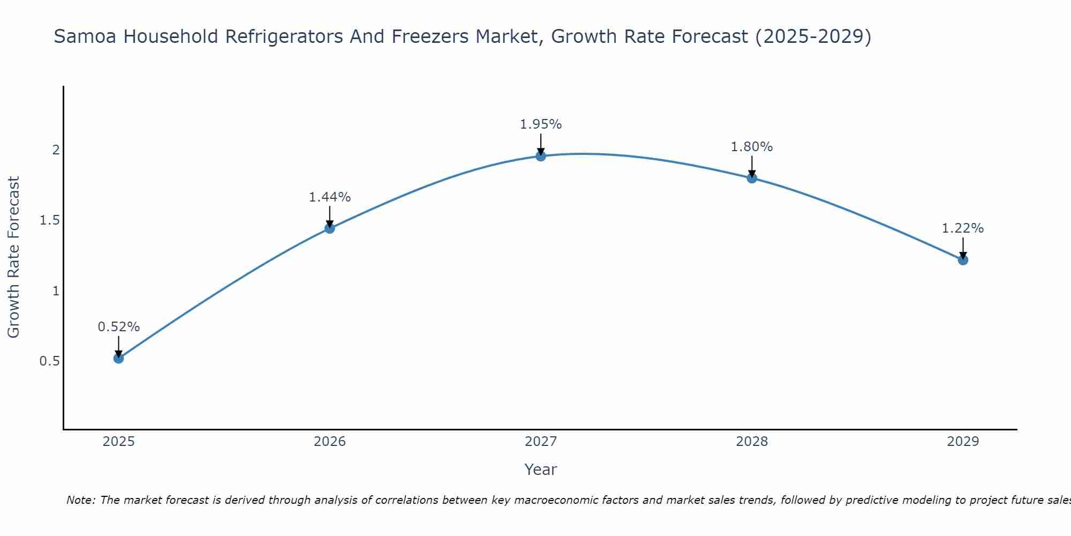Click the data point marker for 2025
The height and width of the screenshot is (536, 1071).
pyautogui.click(x=119, y=358)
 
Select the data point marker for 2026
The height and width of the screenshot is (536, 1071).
pyautogui.click(x=330, y=228)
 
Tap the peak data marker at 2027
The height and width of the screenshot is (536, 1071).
pyautogui.click(x=541, y=156)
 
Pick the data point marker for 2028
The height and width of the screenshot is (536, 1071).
pyautogui.click(x=752, y=178)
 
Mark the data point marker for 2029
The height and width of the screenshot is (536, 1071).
pyautogui.click(x=963, y=260)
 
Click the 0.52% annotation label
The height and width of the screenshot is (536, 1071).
pyautogui.click(x=119, y=327)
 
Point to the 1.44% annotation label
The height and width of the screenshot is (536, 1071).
pyautogui.click(x=330, y=197)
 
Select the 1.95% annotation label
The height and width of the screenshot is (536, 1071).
pyautogui.click(x=541, y=124)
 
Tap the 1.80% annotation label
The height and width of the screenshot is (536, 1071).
pyautogui.click(x=752, y=147)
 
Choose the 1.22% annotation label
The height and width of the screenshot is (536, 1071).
pyautogui.click(x=963, y=228)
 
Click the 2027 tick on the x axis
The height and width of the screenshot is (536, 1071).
pyautogui.click(x=541, y=442)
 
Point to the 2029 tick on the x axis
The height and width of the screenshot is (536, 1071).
pyautogui.click(x=963, y=442)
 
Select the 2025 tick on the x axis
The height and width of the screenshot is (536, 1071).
pyautogui.click(x=119, y=442)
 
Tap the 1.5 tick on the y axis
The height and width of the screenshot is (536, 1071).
pyautogui.click(x=50, y=220)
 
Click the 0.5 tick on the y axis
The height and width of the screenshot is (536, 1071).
pyautogui.click(x=50, y=361)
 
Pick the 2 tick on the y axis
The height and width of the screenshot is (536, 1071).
pyautogui.click(x=56, y=150)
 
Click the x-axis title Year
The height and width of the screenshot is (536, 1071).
pyautogui.click(x=541, y=470)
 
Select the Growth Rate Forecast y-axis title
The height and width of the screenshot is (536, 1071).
pyautogui.click(x=14, y=257)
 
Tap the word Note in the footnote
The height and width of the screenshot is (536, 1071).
pyautogui.click(x=80, y=500)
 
